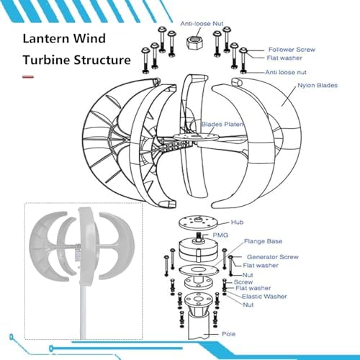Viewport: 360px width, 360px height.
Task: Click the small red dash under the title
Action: [x=28, y=75]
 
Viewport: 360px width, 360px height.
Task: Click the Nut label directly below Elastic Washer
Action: [x=248, y=305]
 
